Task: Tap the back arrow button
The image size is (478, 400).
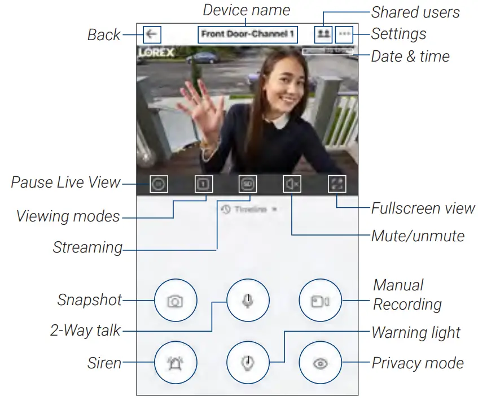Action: [x=152, y=34]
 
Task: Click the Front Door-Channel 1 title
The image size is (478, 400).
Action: [x=248, y=34]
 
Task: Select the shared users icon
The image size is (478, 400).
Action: [x=323, y=34]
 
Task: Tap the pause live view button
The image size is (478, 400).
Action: [x=159, y=184]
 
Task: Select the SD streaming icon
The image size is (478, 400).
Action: [x=247, y=184]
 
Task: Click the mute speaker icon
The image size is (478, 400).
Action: [x=292, y=184]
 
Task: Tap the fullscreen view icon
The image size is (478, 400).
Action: [x=336, y=184]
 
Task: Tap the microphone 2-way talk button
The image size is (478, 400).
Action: [x=248, y=301]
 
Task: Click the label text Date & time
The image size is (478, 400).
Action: [x=410, y=56]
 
